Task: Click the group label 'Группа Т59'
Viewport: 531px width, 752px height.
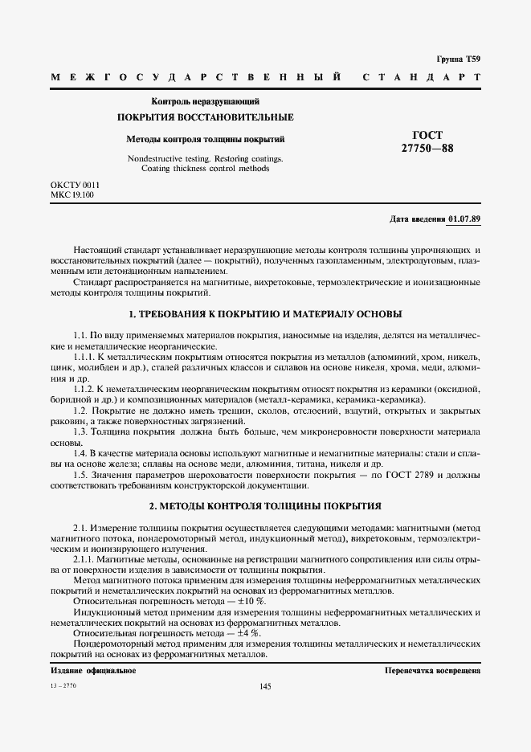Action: click(458, 59)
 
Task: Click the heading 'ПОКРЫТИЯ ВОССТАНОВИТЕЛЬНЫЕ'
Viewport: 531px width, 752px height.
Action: click(206, 118)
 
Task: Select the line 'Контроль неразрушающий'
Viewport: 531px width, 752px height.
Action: click(206, 101)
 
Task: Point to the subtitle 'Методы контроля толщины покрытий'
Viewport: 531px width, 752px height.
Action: click(206, 139)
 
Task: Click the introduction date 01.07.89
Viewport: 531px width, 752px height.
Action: click(464, 219)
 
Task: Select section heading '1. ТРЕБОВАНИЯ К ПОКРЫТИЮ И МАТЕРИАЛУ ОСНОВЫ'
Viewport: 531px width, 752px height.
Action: click(265, 313)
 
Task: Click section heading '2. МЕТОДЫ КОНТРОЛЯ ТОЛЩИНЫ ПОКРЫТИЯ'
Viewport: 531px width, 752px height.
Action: click(265, 506)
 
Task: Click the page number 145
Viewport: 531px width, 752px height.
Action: click(266, 686)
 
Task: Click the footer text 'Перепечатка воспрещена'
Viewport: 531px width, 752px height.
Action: click(432, 669)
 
